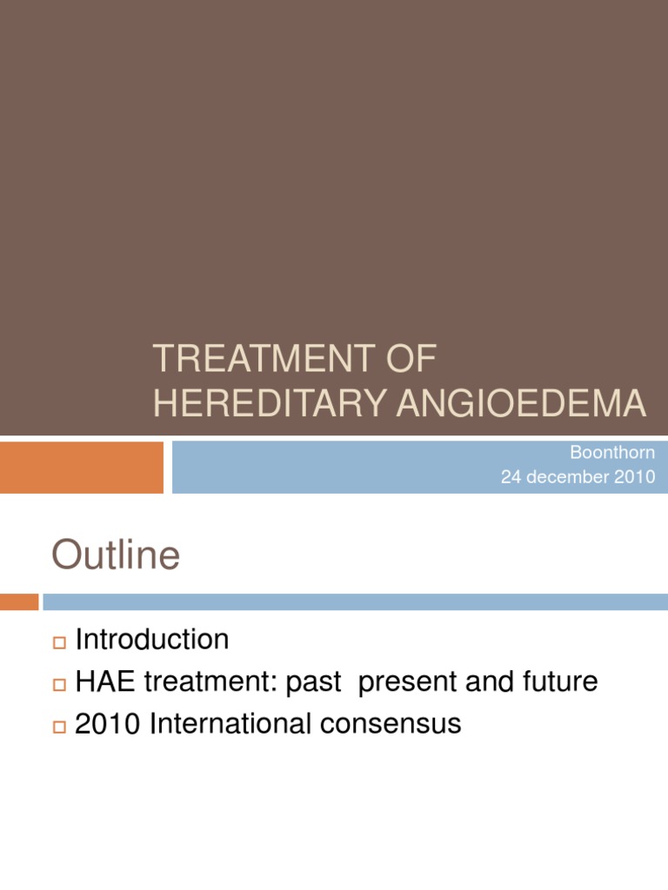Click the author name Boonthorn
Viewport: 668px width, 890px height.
[x=613, y=453]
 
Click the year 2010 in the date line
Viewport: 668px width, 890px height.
[x=637, y=477]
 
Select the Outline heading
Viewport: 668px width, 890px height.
[x=116, y=555]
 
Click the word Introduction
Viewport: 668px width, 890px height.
[x=152, y=640]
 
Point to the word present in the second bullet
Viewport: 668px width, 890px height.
[x=408, y=682]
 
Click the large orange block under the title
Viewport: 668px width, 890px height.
[x=81, y=467]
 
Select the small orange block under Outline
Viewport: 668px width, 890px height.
[x=19, y=601]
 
